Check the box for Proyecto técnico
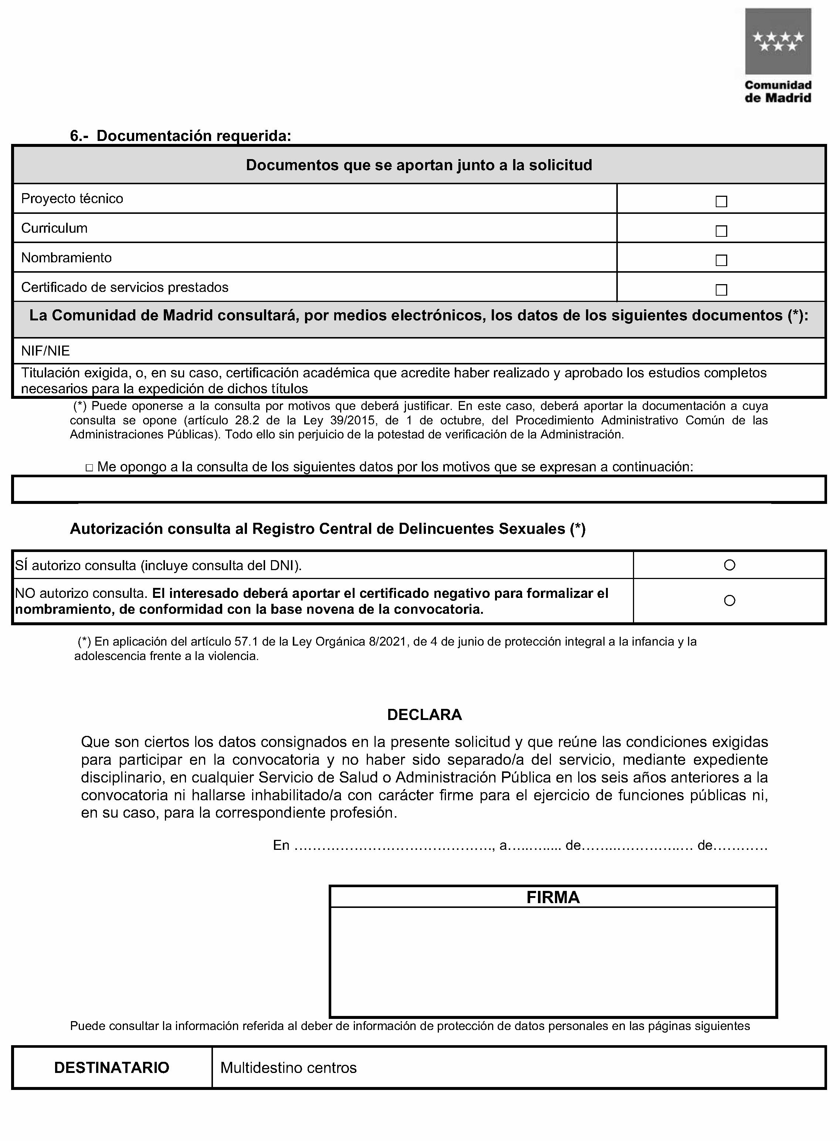pyautogui.click(x=721, y=201)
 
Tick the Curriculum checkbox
pyautogui.click(x=721, y=231)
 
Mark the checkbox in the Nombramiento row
pyautogui.click(x=721, y=260)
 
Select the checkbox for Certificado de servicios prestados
pyautogui.click(x=721, y=290)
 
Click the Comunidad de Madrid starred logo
pyautogui.click(x=778, y=42)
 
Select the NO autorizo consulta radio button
pyautogui.click(x=729, y=601)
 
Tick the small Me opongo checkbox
pyautogui.click(x=89, y=468)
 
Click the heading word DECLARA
pyautogui.click(x=424, y=715)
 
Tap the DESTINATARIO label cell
pyautogui.click(x=112, y=1067)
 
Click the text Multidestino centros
pyautogui.click(x=288, y=1067)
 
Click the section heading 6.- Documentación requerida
pyautogui.click(x=180, y=136)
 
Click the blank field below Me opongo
pyautogui.click(x=419, y=489)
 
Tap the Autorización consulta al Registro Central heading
pyautogui.click(x=328, y=529)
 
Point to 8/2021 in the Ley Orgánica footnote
pyautogui.click(x=389, y=642)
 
